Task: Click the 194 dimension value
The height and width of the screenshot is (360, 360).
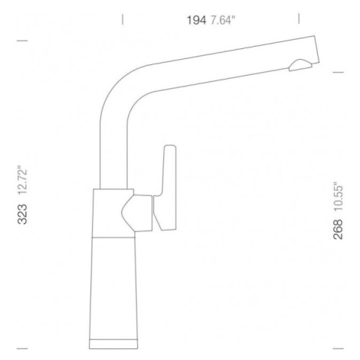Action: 196,20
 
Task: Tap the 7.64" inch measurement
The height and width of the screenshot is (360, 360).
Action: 222,20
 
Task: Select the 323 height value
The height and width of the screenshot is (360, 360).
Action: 22,214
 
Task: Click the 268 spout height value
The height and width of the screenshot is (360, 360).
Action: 338,229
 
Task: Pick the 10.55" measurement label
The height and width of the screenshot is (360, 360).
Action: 338,196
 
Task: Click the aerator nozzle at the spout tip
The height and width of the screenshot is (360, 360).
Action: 300,65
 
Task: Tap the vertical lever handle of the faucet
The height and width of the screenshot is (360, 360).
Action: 166,188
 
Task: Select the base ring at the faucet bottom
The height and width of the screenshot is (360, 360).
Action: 113,344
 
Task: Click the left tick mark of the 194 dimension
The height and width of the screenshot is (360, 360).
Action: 123,19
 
